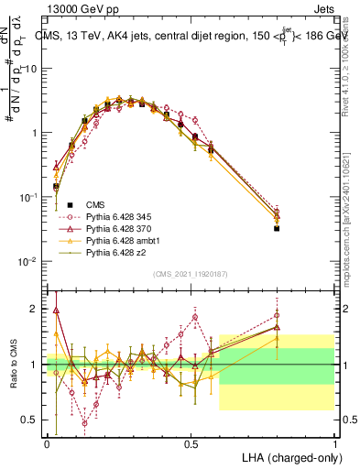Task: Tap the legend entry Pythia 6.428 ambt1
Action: (119, 239)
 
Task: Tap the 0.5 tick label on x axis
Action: (191, 442)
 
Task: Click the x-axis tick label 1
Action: (334, 442)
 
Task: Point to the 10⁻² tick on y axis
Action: (30, 262)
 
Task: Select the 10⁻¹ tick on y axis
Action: (30, 197)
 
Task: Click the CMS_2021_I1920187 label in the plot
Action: (191, 273)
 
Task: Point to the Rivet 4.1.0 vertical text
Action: (352, 55)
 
